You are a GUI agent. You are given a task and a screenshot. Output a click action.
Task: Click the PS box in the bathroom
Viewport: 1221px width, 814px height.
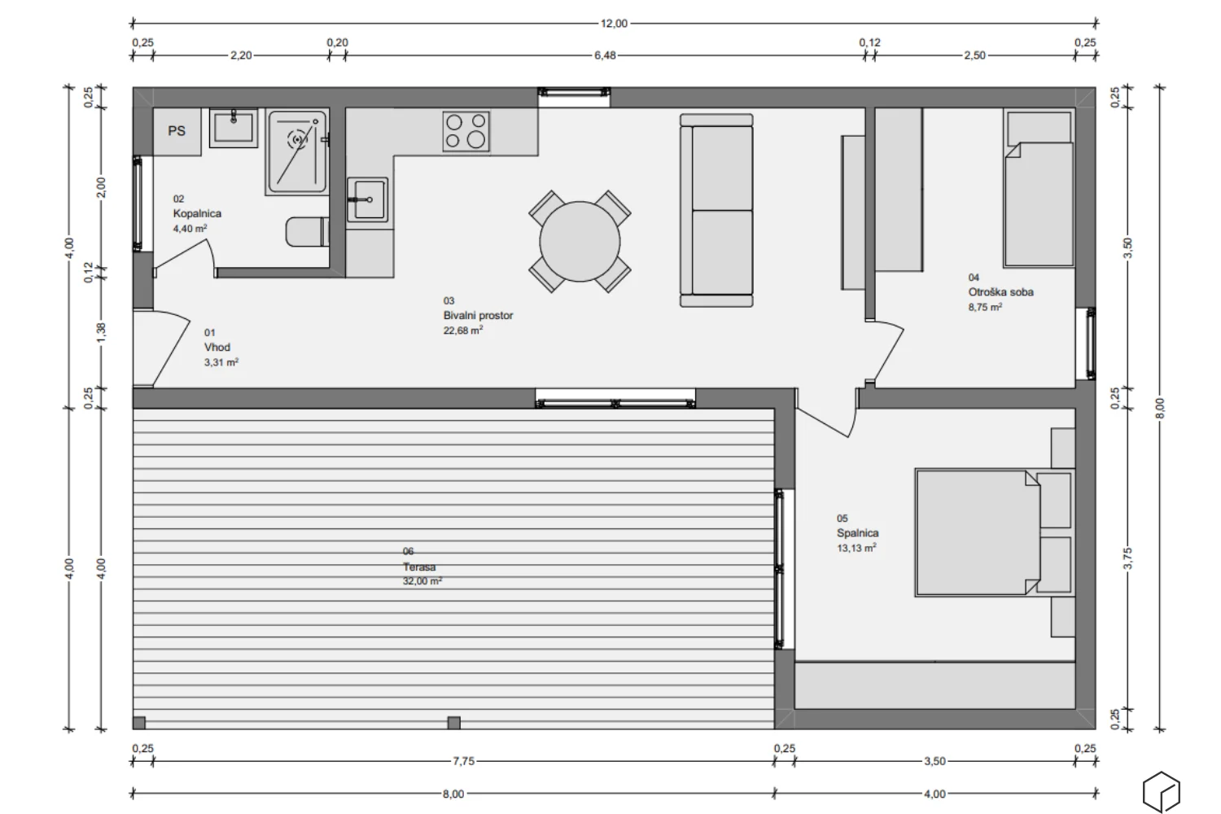pos(177,131)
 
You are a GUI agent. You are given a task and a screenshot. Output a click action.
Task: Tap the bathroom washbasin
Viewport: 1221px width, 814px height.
pos(234,129)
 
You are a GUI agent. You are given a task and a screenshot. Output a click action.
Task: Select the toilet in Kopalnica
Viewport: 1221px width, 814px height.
pos(307,231)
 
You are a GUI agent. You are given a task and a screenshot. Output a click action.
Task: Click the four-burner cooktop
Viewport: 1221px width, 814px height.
pos(466,131)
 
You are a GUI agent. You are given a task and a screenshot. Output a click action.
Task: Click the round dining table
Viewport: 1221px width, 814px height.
pos(580,242)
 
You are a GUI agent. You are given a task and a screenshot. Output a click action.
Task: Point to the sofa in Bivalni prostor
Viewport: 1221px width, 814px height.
pos(717,210)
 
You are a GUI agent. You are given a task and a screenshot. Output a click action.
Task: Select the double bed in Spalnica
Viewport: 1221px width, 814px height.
pos(977,532)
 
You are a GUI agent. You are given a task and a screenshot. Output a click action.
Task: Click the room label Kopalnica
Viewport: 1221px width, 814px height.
pos(197,213)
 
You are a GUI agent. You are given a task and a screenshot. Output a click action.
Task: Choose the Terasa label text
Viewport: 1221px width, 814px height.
pos(419,567)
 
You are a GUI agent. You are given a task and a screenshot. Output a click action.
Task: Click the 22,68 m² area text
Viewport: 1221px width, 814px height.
pos(463,330)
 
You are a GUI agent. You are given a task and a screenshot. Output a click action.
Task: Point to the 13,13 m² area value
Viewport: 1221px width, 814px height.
pos(856,549)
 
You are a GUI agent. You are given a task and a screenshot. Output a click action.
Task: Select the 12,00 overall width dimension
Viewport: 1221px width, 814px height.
pos(615,24)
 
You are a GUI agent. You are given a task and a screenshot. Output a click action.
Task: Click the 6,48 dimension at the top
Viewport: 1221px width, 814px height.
pos(605,55)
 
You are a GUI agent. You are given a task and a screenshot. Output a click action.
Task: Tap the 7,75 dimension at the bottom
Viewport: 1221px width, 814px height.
pos(463,761)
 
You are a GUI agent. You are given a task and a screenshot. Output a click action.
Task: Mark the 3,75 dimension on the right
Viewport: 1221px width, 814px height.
pos(1127,558)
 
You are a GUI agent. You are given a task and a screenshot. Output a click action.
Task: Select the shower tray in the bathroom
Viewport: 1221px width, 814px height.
pos(297,152)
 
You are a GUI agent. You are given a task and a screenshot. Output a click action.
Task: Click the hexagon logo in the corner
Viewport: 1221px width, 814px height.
pos(1161,791)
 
